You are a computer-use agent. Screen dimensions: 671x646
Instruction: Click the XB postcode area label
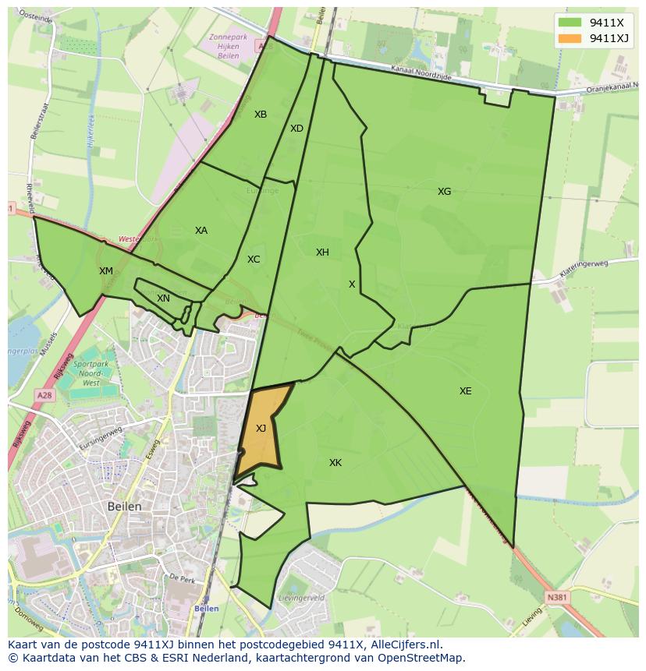click(261, 115)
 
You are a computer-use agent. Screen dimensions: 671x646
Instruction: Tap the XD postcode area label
click(296, 129)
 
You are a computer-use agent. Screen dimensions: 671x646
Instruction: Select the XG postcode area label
click(444, 192)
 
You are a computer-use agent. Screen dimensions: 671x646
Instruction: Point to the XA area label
click(201, 231)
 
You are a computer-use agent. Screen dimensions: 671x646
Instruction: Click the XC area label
click(254, 260)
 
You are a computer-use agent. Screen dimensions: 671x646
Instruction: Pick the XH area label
click(322, 253)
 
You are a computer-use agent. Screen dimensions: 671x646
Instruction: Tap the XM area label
click(106, 271)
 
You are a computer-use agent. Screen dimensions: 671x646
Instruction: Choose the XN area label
click(163, 298)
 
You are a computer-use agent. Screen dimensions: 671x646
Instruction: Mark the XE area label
click(465, 391)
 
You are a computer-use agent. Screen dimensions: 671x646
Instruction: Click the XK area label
click(335, 463)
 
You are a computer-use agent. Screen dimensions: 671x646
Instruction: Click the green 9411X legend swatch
click(570, 23)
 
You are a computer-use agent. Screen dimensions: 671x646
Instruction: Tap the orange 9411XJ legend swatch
click(570, 38)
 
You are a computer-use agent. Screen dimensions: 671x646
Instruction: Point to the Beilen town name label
click(125, 507)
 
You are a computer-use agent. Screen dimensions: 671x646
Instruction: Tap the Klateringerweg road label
click(584, 269)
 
